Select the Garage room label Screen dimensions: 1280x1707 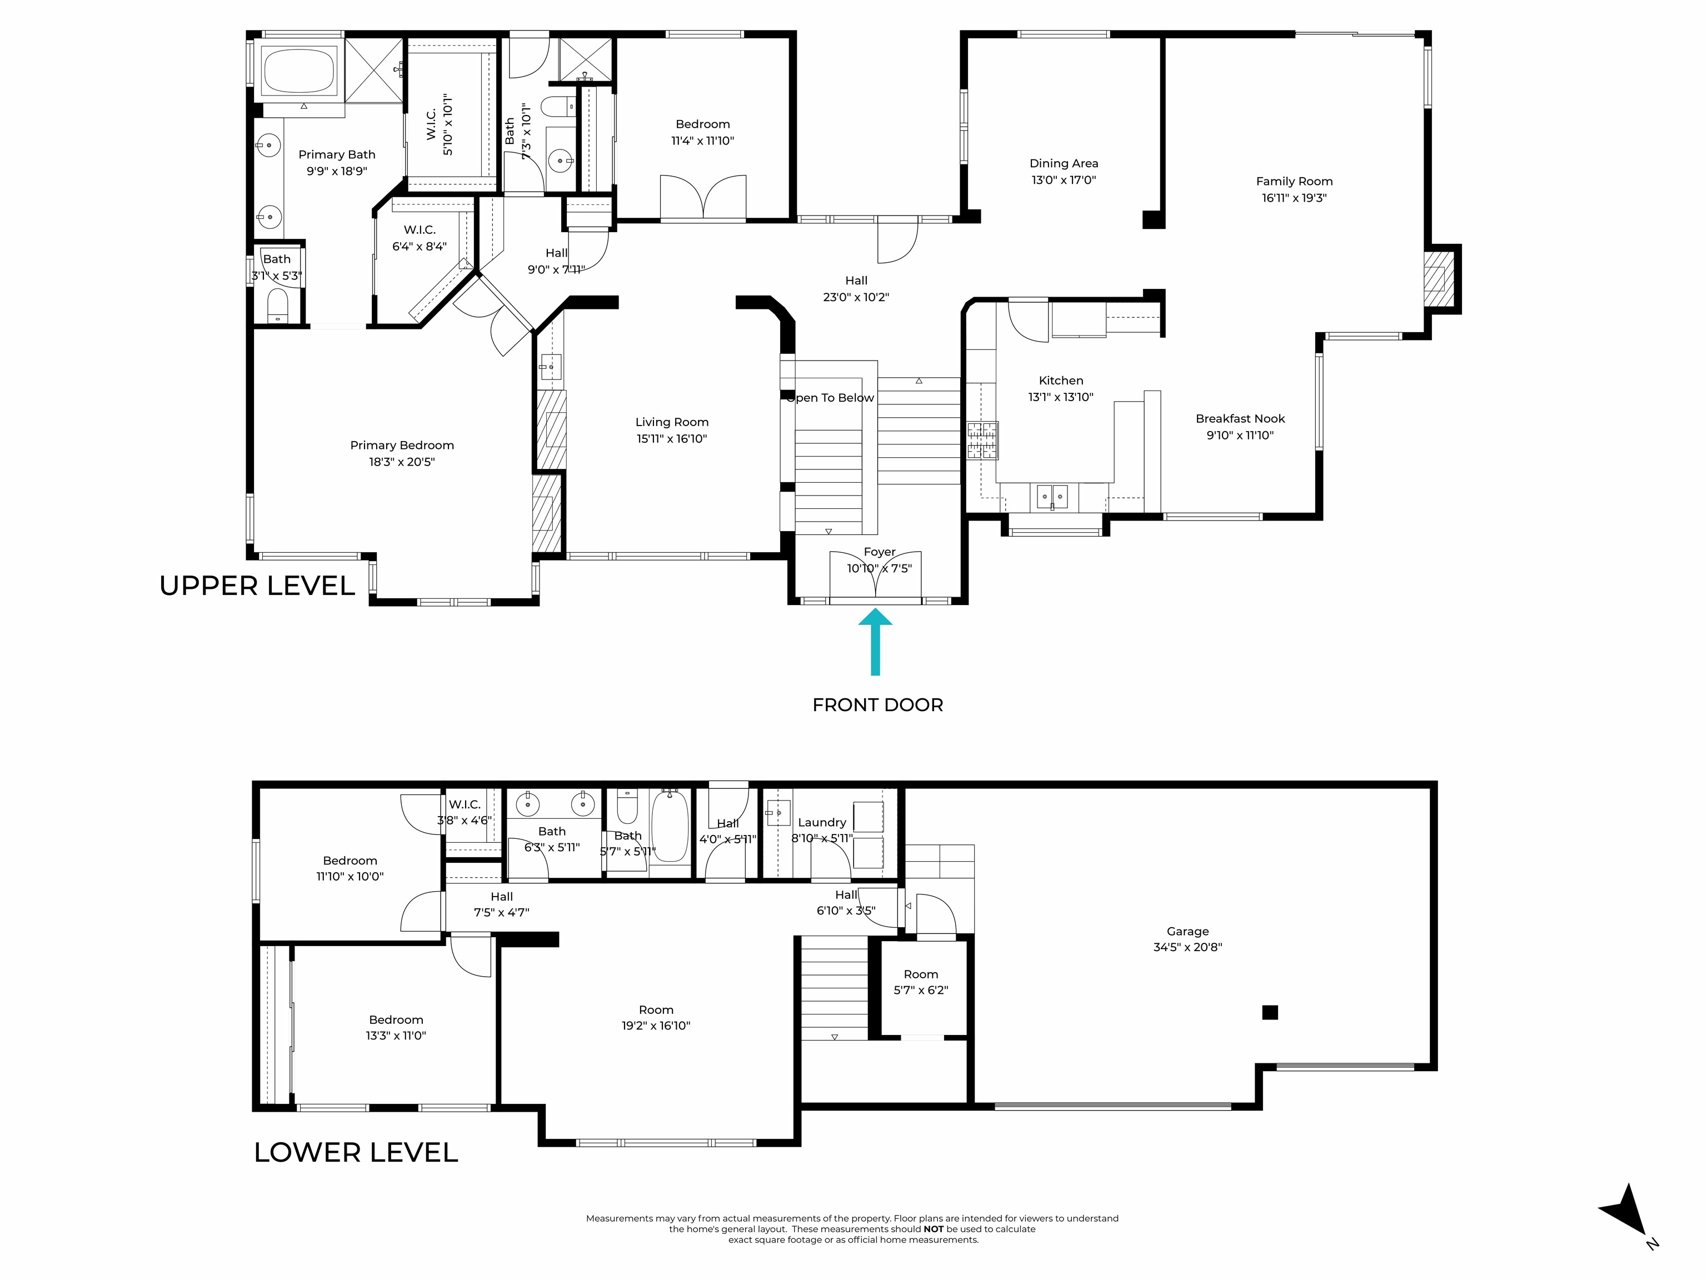(x=1187, y=931)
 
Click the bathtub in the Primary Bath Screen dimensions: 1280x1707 (x=300, y=71)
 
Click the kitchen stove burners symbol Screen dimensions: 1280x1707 (x=982, y=441)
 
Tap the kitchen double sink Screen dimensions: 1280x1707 (x=1052, y=496)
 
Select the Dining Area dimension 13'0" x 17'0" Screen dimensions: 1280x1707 (x=1064, y=180)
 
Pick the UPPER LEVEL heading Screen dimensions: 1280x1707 (x=257, y=586)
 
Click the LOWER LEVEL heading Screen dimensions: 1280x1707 (x=356, y=1152)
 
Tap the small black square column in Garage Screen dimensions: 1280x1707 (x=1270, y=1012)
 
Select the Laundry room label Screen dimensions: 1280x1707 (x=822, y=822)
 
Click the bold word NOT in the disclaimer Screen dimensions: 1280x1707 (x=933, y=1229)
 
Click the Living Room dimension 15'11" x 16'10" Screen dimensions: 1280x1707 (x=671, y=438)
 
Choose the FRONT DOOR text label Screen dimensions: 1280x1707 (x=877, y=704)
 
